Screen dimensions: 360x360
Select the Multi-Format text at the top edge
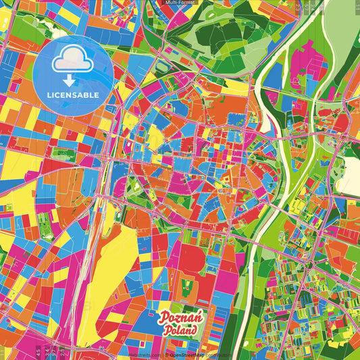click(x=180, y=3)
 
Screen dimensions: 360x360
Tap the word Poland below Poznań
click(x=180, y=331)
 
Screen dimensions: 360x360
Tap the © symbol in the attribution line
click(x=166, y=354)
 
